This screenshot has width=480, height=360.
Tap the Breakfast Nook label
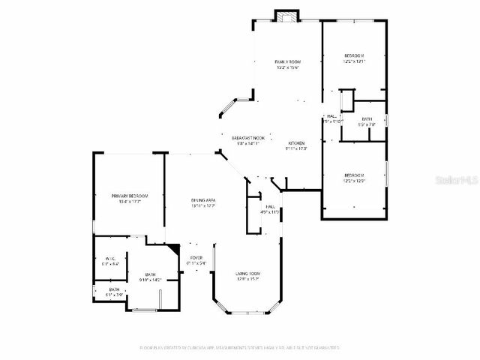coord(247,138)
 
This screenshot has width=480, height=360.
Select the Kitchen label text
coord(296,142)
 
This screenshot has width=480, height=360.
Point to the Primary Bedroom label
coord(129,196)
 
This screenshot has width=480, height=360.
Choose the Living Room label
coord(247,273)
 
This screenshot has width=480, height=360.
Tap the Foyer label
coord(196,257)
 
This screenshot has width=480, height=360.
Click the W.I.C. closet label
coord(109,257)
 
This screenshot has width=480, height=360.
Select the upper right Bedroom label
coord(354,56)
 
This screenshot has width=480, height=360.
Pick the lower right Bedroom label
coord(354,175)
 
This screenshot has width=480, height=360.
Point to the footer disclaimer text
coord(240,347)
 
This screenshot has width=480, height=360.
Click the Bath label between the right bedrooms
coord(367,118)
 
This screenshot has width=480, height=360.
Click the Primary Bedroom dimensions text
coord(129,202)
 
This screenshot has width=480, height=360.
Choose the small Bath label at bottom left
coord(114,289)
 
